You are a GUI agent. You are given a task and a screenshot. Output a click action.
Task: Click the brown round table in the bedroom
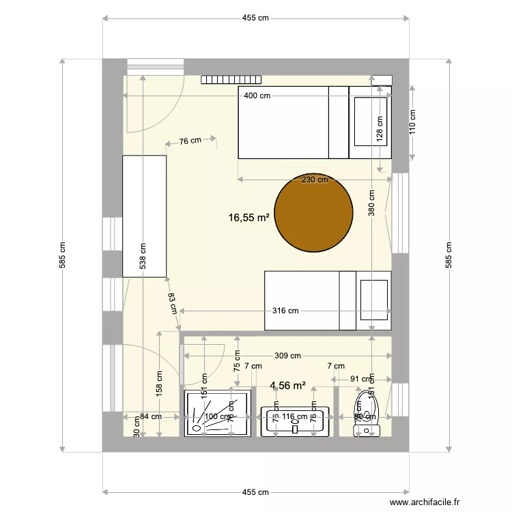pyautogui.click(x=313, y=212)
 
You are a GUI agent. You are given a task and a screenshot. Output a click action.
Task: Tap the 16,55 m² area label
pyautogui.click(x=248, y=218)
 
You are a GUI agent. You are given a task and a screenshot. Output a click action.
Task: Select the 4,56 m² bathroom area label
pyautogui.click(x=287, y=386)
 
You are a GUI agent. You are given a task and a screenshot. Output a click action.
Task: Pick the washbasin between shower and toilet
pyautogui.click(x=294, y=421)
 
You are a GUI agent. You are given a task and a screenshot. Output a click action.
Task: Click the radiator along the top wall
pyautogui.click(x=232, y=79)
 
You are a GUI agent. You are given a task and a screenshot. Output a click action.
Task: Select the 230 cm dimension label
pyautogui.click(x=315, y=180)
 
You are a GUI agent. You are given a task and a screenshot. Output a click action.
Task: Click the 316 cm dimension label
pyautogui.click(x=285, y=311)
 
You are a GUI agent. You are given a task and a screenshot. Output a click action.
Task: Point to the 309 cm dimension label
pyautogui.click(x=287, y=356)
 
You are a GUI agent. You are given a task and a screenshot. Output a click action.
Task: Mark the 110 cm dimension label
pyautogui.click(x=412, y=123)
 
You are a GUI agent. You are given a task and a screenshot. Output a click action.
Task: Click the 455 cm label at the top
pyautogui.click(x=255, y=19)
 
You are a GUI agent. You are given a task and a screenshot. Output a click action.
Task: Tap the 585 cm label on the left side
pyautogui.click(x=62, y=255)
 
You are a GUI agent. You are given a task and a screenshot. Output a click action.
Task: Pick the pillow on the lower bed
pyautogui.click(x=373, y=300)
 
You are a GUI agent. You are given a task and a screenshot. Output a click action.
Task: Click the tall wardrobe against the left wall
pyautogui.click(x=144, y=216)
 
